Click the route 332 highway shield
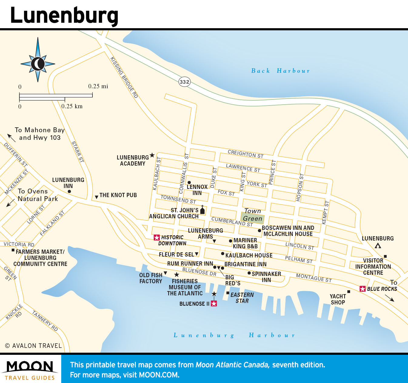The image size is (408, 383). [x=184, y=82]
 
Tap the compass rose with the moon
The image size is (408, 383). [x=38, y=64]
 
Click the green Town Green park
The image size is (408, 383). [x=252, y=218]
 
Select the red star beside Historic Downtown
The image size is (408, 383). [x=157, y=237]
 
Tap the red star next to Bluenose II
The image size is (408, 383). [x=214, y=304]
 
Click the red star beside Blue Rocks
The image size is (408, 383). [x=363, y=289]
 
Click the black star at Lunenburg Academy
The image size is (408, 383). [x=152, y=155]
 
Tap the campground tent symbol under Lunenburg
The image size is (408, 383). [x=378, y=246]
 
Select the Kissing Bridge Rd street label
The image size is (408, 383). [x=124, y=78]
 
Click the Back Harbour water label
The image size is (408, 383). [x=280, y=71]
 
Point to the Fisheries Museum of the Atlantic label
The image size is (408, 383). [x=185, y=287]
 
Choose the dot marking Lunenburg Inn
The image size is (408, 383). [x=69, y=191]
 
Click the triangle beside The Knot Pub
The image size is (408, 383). [x=96, y=197]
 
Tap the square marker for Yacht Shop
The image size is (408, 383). [x=349, y=292]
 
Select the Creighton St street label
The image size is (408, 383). [x=246, y=154]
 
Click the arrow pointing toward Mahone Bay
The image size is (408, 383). [x=12, y=138]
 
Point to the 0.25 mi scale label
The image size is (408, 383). [x=98, y=86]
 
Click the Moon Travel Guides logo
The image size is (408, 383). [x=30, y=370]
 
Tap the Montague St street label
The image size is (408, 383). [x=314, y=277]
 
